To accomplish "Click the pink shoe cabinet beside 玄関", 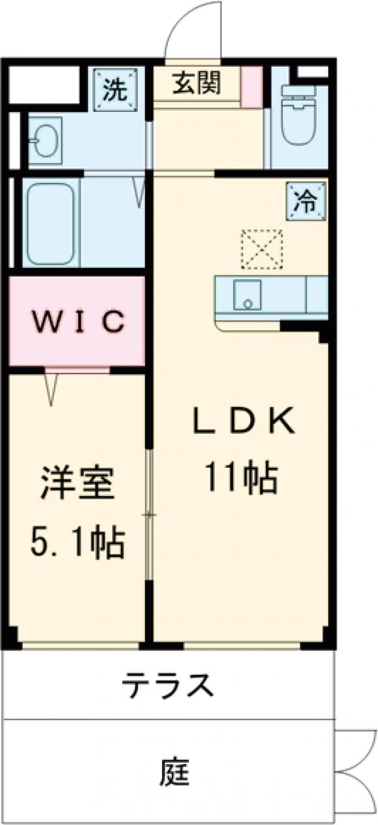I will [251, 85].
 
